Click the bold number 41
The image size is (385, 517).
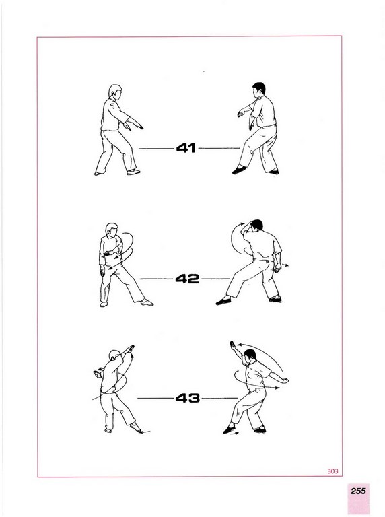click(x=186, y=148)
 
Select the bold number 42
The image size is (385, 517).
click(x=187, y=279)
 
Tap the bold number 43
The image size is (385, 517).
click(x=188, y=398)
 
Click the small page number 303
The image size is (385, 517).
click(x=332, y=471)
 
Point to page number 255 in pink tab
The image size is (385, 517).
click(x=358, y=491)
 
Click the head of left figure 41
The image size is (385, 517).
click(x=115, y=92)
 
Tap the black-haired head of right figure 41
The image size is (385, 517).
click(x=258, y=90)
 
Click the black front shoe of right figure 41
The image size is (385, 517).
click(x=239, y=170)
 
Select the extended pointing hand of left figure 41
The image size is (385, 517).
click(x=138, y=125)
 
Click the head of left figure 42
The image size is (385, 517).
click(x=112, y=230)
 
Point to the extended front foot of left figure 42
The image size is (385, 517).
click(x=147, y=302)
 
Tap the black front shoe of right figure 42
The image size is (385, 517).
click(x=223, y=301)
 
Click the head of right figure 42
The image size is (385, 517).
click(x=256, y=226)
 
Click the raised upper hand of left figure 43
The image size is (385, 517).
click(x=131, y=348)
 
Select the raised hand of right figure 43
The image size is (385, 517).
click(x=233, y=346)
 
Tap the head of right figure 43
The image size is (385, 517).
click(x=250, y=355)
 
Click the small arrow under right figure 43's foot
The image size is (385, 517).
click(x=234, y=434)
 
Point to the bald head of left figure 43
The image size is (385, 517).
click(x=114, y=356)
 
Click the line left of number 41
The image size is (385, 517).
click(x=156, y=149)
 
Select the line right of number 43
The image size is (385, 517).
click(x=219, y=399)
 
